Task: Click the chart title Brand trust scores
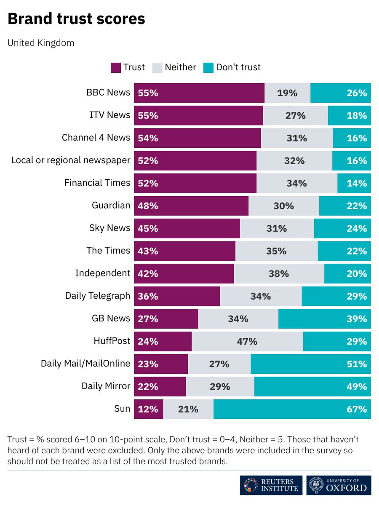(x=76, y=19)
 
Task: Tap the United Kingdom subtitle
(x=41, y=43)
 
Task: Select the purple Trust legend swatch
(x=116, y=67)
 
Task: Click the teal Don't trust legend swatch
(x=208, y=67)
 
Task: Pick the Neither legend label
(x=180, y=67)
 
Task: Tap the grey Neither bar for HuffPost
(x=247, y=341)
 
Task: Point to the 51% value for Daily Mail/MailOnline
(x=357, y=364)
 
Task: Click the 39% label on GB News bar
(x=357, y=319)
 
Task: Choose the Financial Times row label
(x=97, y=183)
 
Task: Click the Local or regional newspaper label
(x=71, y=160)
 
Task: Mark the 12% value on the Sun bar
(x=148, y=409)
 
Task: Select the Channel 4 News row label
(x=96, y=138)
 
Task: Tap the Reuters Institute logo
(x=271, y=485)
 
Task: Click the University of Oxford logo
(x=339, y=485)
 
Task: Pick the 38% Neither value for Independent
(x=279, y=274)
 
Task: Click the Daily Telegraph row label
(x=98, y=296)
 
